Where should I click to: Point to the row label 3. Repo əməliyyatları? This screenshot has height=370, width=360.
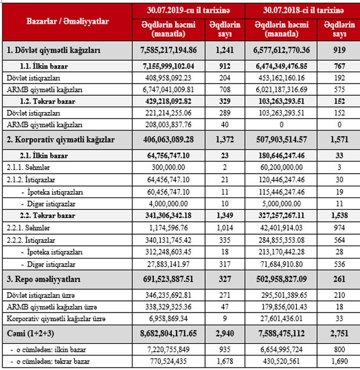tap(43, 279)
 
